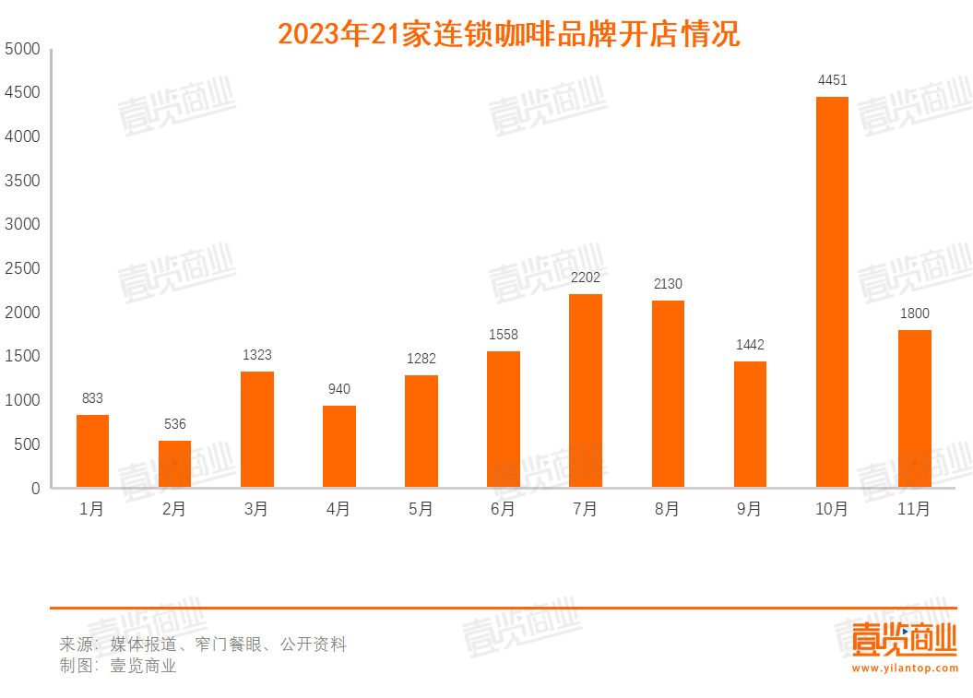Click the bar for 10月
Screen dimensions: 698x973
[832, 291]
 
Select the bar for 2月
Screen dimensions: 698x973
[174, 464]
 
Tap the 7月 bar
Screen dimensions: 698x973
[586, 390]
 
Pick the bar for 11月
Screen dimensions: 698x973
[914, 408]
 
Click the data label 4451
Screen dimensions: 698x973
[832, 80]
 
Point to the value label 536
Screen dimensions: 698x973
[174, 424]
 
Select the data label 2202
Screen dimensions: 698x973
[586, 277]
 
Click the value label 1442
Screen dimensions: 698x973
[750, 345]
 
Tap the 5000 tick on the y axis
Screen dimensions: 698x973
[22, 49]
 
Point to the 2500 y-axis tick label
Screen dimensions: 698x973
[22, 268]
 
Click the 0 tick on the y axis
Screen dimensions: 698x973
[36, 489]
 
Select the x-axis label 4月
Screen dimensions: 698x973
[338, 509]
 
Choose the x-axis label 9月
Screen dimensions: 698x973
[750, 509]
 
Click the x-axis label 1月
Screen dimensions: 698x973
[92, 509]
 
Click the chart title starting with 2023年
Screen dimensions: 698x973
[508, 35]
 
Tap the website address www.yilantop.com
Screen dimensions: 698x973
[905, 668]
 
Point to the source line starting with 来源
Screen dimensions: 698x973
[203, 645]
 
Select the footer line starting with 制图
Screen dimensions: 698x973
[118, 666]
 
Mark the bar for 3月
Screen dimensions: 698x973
[256, 429]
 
